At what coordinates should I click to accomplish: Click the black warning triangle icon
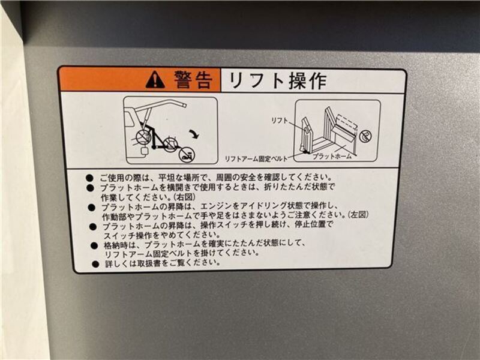[155, 80]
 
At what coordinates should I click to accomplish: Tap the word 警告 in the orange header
[193, 80]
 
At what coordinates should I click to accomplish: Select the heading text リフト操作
[277, 81]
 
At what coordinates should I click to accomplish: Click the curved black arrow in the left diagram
[194, 133]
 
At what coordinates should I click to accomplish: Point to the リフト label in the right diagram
[280, 121]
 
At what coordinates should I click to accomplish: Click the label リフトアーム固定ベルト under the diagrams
[256, 159]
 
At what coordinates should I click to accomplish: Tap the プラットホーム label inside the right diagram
[332, 156]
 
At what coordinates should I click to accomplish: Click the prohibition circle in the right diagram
[365, 136]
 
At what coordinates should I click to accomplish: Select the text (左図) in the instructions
[358, 215]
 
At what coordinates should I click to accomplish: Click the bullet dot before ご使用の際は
[89, 178]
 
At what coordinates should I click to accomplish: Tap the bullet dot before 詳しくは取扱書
[95, 264]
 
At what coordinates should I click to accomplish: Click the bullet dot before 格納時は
[94, 245]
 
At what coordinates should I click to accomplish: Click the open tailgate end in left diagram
[183, 104]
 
